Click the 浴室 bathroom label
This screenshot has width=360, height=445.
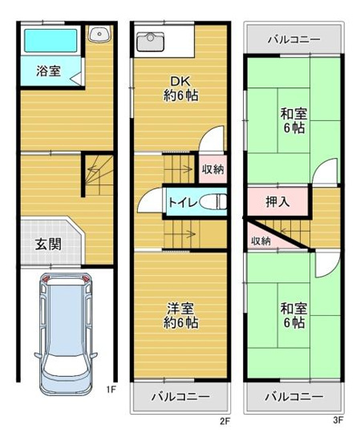point(47,71)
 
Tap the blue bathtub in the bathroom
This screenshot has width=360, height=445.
point(49,41)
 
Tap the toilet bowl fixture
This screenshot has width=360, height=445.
point(215,202)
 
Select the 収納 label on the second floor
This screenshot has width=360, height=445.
point(212,168)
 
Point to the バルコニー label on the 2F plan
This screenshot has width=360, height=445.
point(180,397)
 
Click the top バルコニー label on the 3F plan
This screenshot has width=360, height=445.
point(293,38)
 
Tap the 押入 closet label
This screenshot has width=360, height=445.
point(278,200)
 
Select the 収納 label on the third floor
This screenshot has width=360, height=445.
point(261,240)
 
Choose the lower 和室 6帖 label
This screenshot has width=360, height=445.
point(293,315)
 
